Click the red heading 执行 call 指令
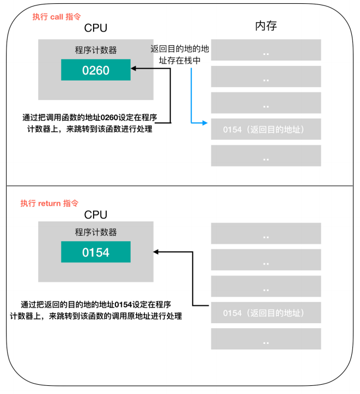coord(57,17)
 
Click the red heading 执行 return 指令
coord(50,203)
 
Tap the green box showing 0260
coord(96,70)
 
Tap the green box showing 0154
coord(96,252)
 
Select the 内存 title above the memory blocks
coord(266,26)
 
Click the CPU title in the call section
coord(95,28)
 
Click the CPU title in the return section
coord(95,215)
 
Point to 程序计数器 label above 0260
coord(96,50)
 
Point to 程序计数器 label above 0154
coord(96,232)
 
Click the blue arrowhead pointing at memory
coord(205,123)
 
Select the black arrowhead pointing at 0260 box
coord(133,69)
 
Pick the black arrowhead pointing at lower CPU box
coord(156,252)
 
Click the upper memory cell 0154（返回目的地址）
coord(266,129)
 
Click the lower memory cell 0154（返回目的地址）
coord(266,312)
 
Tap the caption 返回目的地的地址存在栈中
coord(180,54)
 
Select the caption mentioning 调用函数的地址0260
coord(90,123)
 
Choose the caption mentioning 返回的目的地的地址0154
coord(96,310)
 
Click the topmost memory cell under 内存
coord(266,50)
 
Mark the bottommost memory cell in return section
coord(266,338)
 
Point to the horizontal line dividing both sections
coord(180,186)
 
